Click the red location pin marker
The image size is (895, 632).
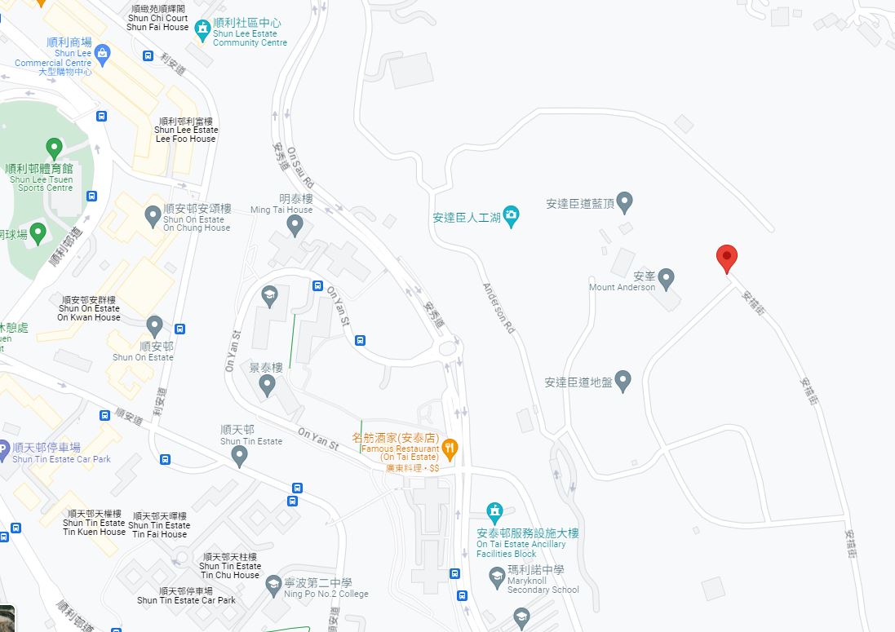coord(726,259)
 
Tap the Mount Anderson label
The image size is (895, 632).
coord(623,287)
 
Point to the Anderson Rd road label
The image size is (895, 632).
coord(498,308)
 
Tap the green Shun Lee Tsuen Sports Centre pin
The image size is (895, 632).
coord(54,149)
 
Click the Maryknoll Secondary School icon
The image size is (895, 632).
coord(496,577)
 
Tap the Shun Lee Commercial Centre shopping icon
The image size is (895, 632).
coord(102,55)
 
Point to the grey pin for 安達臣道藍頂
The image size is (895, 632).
coord(624,201)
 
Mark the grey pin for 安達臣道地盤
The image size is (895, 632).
coord(623,380)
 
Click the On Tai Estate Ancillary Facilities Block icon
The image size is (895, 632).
coord(494,512)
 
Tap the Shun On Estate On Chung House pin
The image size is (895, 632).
coord(153,216)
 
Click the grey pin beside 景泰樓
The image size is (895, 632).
coord(267,387)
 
